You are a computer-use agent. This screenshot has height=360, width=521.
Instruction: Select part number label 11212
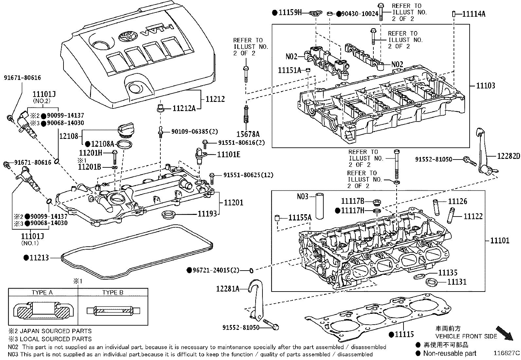(x=215, y=99)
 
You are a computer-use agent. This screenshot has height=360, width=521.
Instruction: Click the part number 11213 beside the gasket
(x=39, y=258)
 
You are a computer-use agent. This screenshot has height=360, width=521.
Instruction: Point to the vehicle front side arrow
(x=504, y=333)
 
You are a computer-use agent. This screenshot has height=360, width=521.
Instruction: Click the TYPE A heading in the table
(x=42, y=293)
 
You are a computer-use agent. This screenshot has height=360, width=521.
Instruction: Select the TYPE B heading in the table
(x=113, y=293)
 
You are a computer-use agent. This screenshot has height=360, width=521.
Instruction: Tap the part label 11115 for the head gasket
(x=404, y=334)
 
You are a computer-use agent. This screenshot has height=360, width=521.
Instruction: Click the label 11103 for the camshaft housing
(x=486, y=86)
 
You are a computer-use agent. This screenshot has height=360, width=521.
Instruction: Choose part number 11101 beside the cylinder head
(x=500, y=240)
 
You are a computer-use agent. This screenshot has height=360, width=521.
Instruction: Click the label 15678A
(x=248, y=134)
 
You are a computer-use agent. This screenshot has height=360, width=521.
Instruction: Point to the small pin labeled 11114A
(x=454, y=14)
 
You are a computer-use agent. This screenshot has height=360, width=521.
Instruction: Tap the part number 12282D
(x=509, y=156)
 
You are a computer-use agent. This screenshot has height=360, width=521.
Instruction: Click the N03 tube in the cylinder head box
(x=320, y=206)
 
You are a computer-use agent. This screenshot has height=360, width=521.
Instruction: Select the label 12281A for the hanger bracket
(x=228, y=289)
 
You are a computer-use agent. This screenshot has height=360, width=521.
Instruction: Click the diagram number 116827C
(x=507, y=353)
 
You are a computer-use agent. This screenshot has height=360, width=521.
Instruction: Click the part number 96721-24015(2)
(x=216, y=270)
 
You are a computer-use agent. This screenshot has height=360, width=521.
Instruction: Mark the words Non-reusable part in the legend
(x=450, y=353)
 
